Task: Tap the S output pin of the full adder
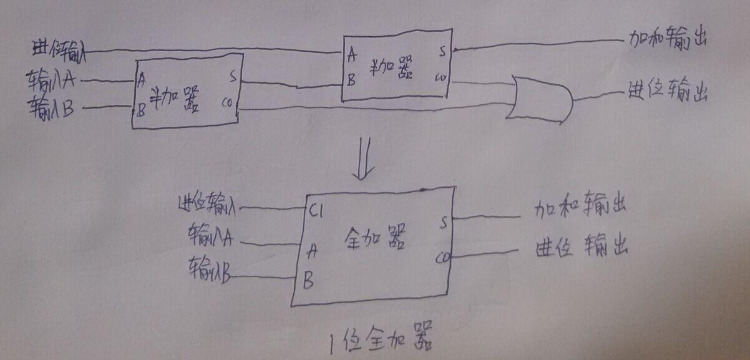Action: coord(443,222)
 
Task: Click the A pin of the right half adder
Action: coord(353,55)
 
